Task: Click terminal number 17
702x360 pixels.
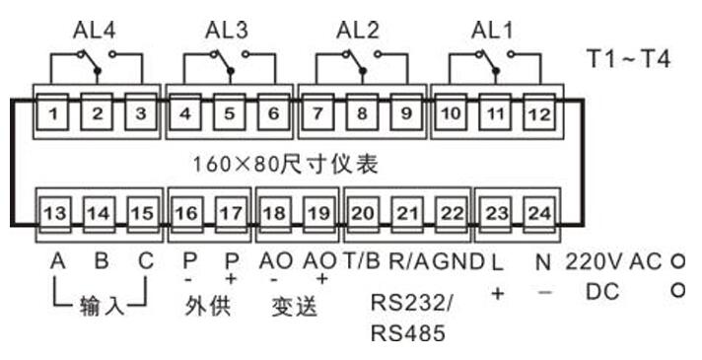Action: tap(230, 211)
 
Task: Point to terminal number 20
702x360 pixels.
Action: tap(363, 211)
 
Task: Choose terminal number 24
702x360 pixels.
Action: tap(537, 211)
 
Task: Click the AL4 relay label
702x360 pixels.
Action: tap(95, 29)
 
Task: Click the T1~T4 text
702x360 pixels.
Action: tap(628, 58)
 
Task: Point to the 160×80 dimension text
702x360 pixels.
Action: tap(285, 159)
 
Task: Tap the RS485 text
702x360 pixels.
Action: tap(407, 333)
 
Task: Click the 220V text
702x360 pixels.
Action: tap(594, 261)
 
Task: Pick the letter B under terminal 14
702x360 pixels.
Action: tap(100, 261)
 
